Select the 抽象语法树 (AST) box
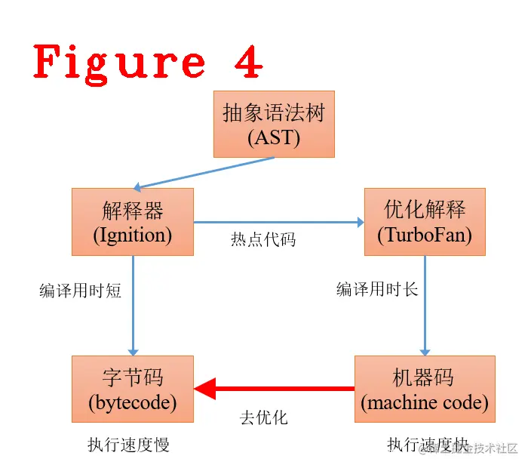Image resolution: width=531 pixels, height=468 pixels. tap(273, 125)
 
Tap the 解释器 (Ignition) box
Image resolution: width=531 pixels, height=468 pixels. tap(133, 222)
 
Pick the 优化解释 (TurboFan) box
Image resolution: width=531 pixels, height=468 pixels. tap(424, 222)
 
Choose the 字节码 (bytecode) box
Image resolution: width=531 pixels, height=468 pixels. tap(133, 389)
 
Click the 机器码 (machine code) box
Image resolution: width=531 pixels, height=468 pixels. tap(424, 389)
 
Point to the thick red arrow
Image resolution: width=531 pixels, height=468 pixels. tap(275, 389)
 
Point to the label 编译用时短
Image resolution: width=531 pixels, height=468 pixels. tap(80, 291)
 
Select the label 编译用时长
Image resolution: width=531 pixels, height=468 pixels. tap(376, 289)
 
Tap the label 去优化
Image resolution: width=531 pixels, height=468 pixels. tap(263, 417)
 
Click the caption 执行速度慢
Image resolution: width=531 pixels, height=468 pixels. tap(128, 445)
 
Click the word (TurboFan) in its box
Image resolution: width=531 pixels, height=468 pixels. tap(424, 235)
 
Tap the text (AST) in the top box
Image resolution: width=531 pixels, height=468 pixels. tap(273, 138)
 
